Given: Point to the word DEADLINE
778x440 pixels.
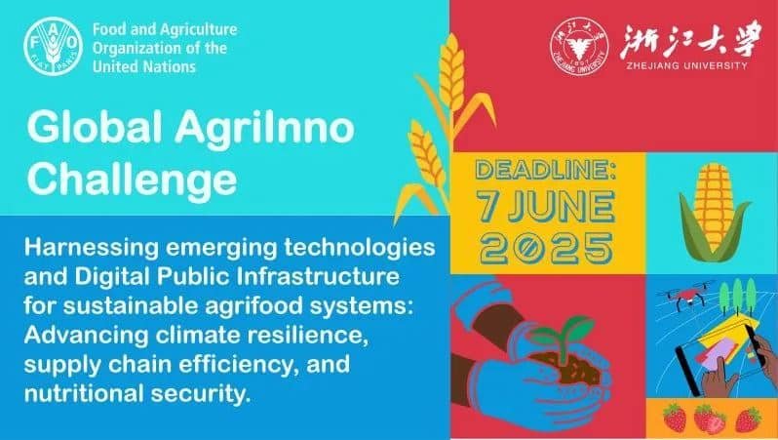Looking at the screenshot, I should click(x=545, y=172).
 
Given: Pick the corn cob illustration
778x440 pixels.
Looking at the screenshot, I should click(x=714, y=209).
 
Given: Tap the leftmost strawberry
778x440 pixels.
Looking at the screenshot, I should click(x=673, y=420).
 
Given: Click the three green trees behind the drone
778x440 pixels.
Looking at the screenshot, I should click(x=732, y=294).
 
